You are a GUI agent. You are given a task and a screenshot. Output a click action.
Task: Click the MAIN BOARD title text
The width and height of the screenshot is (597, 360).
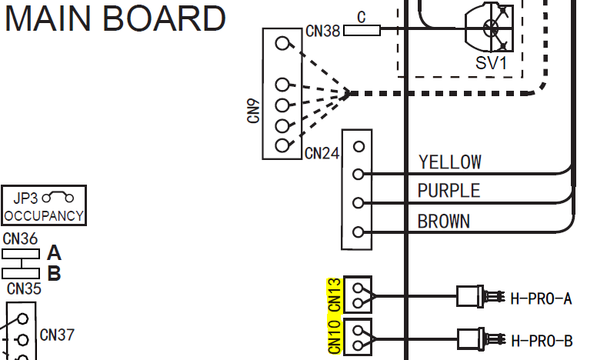click(x=115, y=18)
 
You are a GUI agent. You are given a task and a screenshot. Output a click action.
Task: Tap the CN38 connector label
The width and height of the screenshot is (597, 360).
click(x=322, y=32)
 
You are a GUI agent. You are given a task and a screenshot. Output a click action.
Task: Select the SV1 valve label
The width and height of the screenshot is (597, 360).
click(x=491, y=63)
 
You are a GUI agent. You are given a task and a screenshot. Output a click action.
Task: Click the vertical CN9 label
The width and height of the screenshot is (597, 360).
click(x=253, y=111)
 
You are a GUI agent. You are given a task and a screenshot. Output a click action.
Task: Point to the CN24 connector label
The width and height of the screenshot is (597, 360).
click(x=322, y=153)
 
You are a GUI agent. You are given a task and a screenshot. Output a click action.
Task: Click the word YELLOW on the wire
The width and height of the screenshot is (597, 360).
click(x=449, y=162)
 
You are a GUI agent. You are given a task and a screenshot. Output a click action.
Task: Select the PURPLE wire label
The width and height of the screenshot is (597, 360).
click(x=449, y=191)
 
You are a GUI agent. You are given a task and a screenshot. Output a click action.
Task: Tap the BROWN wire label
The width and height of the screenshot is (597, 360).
click(x=444, y=222)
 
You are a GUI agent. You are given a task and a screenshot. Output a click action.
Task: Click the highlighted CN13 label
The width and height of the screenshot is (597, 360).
click(x=335, y=295)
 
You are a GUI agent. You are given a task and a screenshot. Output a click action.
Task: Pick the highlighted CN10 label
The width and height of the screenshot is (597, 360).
click(x=335, y=337)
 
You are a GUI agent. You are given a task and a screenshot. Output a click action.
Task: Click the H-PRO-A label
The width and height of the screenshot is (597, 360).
click(x=541, y=299)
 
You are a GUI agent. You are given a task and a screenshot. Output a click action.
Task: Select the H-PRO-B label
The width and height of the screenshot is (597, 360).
click(x=542, y=341)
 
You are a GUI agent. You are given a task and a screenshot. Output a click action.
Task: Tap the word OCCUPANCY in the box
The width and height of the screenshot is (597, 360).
click(x=44, y=216)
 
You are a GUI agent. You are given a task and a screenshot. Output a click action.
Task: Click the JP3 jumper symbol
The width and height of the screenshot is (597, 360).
click(x=58, y=197)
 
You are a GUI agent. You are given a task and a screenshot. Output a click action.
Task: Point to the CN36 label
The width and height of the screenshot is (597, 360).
click(x=20, y=239)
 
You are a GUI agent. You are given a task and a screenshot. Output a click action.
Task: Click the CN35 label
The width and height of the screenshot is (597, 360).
click(x=24, y=288)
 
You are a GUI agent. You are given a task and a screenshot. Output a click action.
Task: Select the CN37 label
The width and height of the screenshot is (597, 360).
click(x=57, y=335)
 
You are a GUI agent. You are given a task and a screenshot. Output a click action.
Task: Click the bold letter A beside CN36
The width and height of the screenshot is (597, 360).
click(x=54, y=253)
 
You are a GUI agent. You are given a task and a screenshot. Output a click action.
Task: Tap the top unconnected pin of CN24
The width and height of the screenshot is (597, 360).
click(x=359, y=146)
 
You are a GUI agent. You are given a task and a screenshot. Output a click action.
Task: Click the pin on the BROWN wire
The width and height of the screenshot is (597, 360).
click(x=359, y=232)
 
